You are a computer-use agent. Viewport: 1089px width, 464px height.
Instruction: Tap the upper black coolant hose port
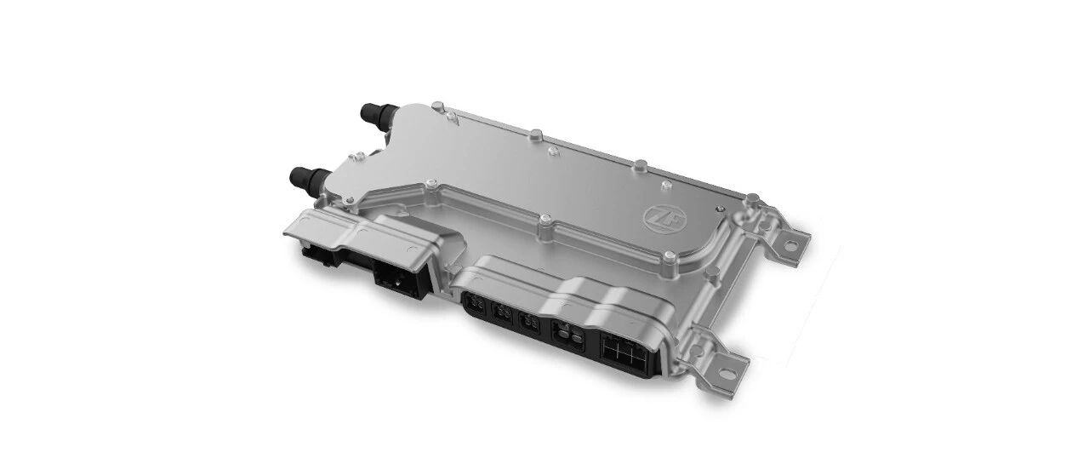coord(377,114)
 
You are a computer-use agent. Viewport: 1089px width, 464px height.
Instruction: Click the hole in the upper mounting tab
coord(790,246)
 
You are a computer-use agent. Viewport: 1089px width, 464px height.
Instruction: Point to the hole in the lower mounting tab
coord(726,374)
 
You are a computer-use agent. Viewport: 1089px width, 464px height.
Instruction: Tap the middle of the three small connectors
coord(502,313)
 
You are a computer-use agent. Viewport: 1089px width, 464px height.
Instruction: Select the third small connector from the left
coord(529,323)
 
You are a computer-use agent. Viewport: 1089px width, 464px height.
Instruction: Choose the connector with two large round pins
coord(569,335)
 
